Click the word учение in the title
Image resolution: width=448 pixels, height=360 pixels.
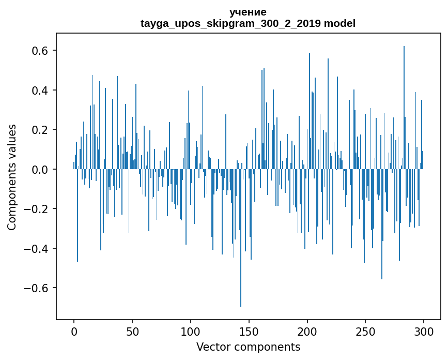(x=248, y=12)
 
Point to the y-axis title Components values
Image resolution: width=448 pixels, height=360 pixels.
(x=12, y=177)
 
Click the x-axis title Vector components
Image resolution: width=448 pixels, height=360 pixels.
(x=248, y=347)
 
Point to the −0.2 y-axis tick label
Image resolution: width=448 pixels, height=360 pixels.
(x=38, y=209)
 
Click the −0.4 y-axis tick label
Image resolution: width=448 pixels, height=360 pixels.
(x=38, y=249)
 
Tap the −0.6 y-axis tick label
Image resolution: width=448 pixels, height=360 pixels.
(x=38, y=288)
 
